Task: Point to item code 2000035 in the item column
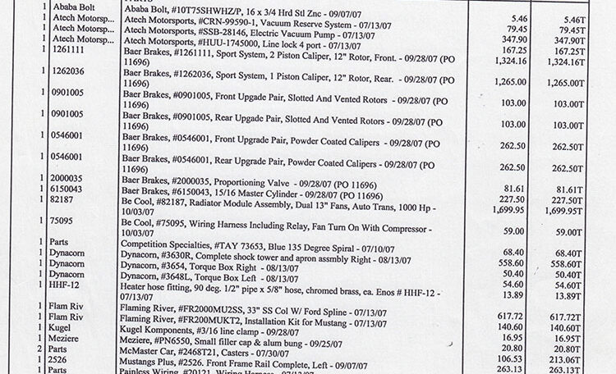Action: (x=73, y=176)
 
